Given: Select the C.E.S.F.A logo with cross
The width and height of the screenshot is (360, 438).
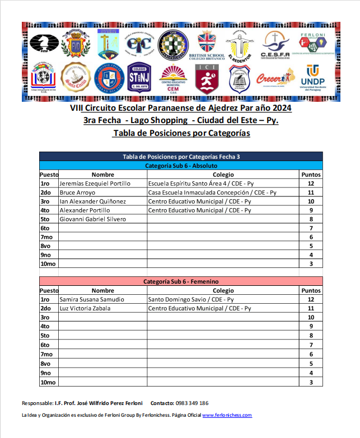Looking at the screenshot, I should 274,45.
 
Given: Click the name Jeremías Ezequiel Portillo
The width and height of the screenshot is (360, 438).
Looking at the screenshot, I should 95,183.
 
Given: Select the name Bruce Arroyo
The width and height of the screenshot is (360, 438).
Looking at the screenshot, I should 77,192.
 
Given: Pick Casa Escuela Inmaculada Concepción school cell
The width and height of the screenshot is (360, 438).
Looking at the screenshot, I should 212,192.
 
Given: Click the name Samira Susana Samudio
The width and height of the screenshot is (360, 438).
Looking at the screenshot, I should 91,300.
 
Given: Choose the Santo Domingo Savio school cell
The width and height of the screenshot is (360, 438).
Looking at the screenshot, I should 191,300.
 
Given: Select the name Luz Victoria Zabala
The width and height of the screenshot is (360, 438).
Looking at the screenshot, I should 85,309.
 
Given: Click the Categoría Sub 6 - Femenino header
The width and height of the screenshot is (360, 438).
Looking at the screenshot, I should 181,281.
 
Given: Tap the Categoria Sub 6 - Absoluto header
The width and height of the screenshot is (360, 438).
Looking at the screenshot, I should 181,166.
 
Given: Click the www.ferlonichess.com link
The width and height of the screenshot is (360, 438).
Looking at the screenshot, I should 227,415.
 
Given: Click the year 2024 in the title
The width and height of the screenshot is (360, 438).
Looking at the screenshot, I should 280,108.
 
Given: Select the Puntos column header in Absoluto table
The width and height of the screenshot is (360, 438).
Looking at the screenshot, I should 311,175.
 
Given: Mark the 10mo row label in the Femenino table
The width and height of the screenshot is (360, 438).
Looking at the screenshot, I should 48,383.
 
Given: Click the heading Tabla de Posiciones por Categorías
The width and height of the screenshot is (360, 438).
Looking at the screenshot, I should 181,133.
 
